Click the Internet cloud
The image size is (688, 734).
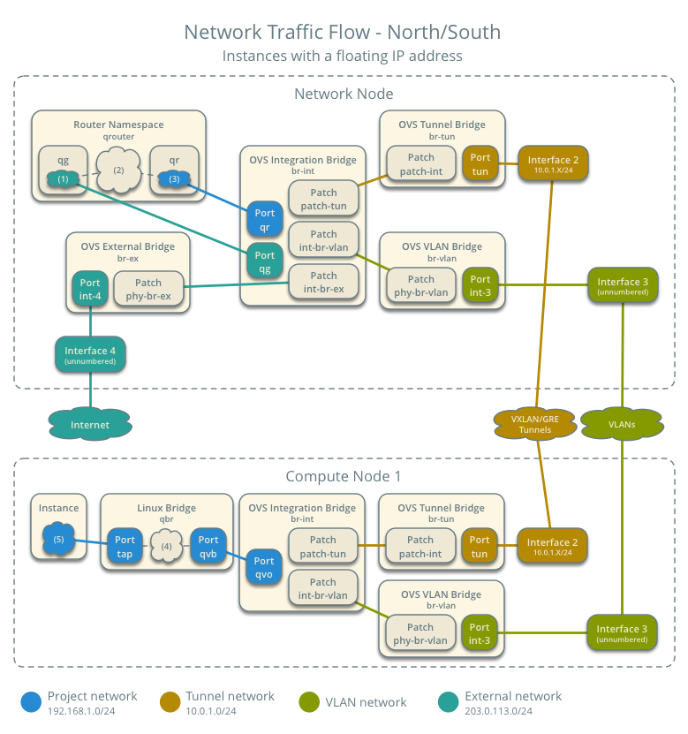click(90, 425)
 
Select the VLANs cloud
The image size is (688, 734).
click(622, 424)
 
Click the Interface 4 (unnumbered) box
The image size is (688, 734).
click(91, 355)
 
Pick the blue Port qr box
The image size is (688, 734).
click(265, 219)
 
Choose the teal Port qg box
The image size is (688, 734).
click(265, 261)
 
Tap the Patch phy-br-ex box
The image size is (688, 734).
click(148, 289)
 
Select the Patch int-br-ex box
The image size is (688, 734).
click(323, 282)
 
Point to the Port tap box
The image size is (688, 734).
click(125, 546)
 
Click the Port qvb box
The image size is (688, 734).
click(208, 546)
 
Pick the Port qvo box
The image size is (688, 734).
click(264, 566)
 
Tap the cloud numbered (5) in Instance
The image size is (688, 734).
click(58, 540)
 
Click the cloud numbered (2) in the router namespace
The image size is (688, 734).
click(118, 170)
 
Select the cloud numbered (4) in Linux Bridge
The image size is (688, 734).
click(167, 545)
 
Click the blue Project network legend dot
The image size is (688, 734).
click(31, 702)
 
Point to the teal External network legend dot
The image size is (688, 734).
click(448, 702)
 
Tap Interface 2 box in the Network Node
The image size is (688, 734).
click(553, 163)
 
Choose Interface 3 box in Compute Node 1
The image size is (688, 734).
click(622, 632)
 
